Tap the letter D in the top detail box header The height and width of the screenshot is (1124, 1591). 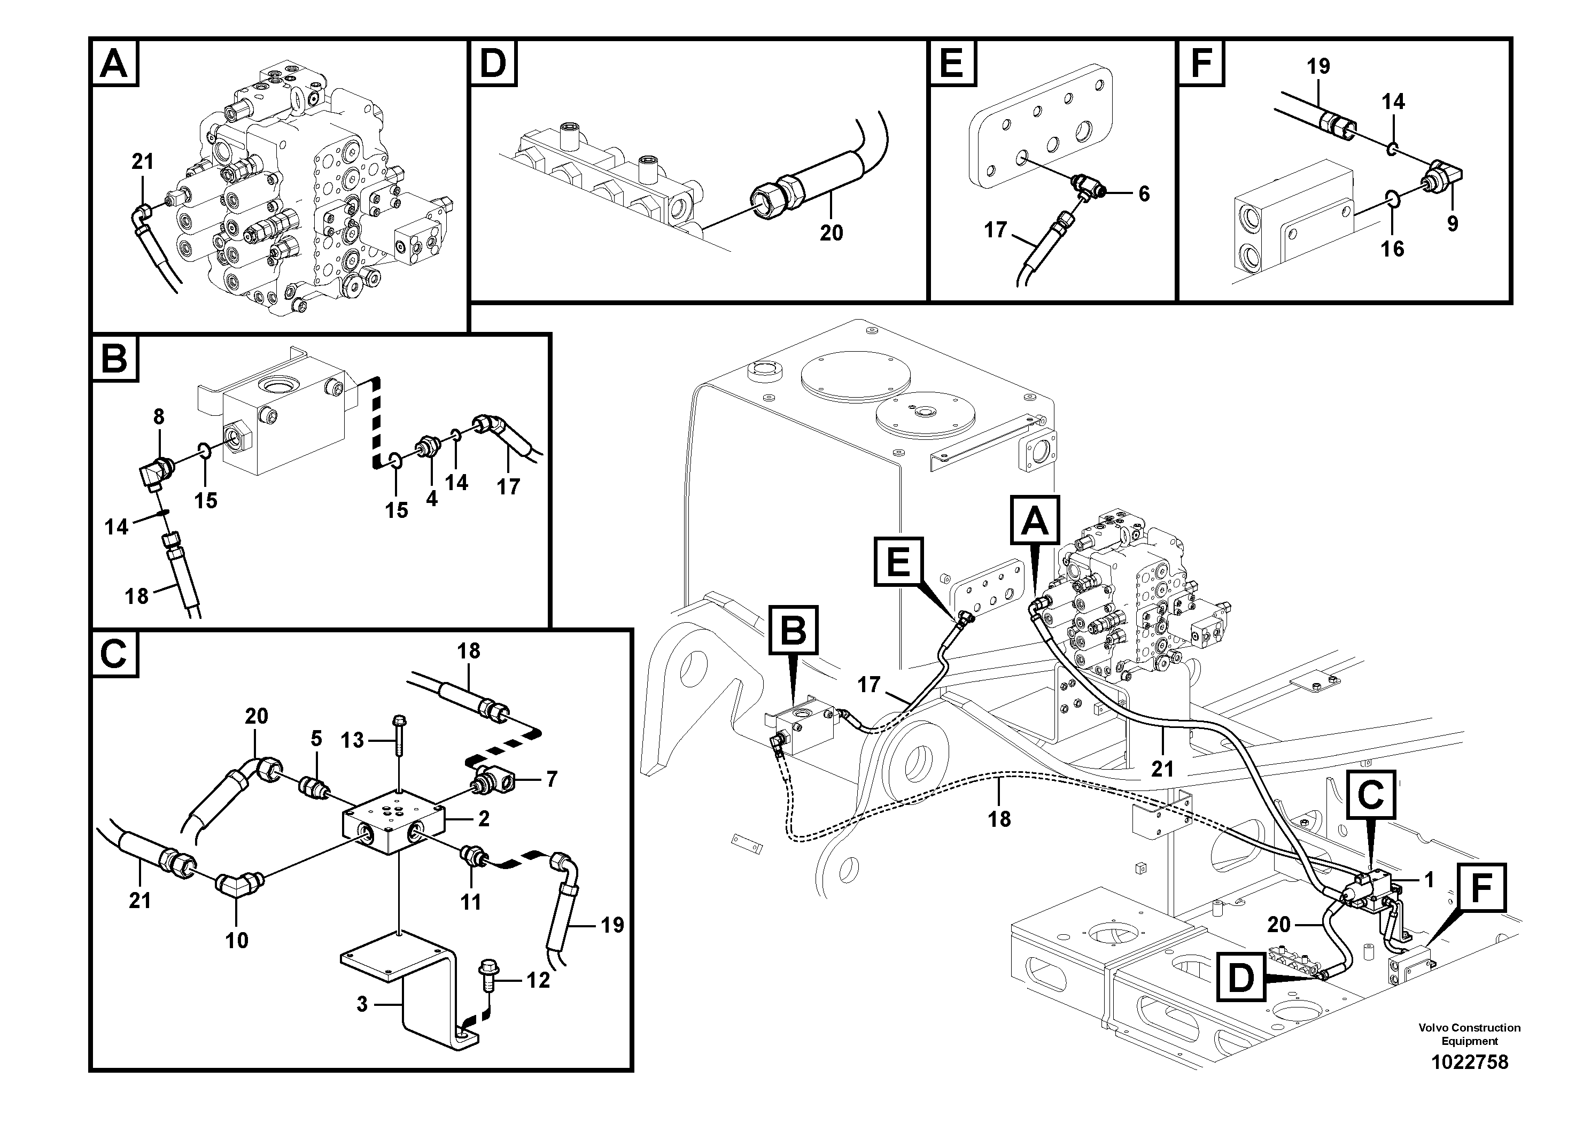click(493, 63)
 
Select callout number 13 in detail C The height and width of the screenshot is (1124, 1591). click(352, 740)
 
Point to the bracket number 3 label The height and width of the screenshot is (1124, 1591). click(362, 1004)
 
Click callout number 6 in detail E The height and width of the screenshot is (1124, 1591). click(1144, 194)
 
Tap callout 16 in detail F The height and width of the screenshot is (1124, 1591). click(1392, 249)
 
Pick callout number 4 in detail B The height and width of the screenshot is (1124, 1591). click(432, 498)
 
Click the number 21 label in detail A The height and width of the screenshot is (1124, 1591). click(142, 161)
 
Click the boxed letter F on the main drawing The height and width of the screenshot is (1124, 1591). click(1481, 887)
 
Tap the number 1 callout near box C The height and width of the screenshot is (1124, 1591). click(1428, 880)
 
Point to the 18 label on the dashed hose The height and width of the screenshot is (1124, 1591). click(999, 819)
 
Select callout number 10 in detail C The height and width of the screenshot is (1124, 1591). click(237, 940)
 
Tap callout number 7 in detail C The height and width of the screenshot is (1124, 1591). click(551, 780)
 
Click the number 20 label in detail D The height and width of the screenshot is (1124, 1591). click(831, 233)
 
